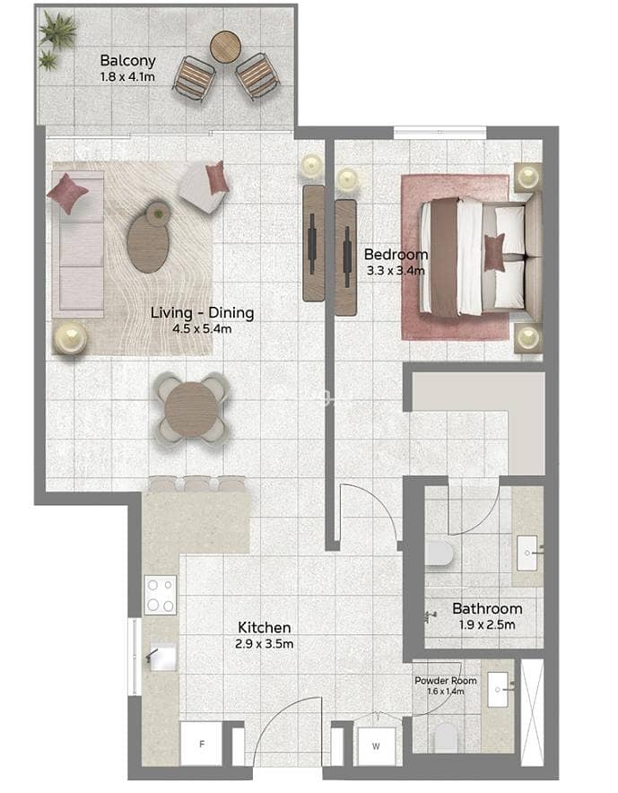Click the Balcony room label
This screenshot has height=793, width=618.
point(127,61)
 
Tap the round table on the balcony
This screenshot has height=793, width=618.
point(224,47)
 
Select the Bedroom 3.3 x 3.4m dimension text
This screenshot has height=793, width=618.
point(396,271)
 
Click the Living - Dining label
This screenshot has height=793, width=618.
point(203,312)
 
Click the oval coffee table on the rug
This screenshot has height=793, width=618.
point(148,244)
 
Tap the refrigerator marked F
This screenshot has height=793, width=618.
point(201,744)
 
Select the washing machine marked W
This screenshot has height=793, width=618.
point(376,746)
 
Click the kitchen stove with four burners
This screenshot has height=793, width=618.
point(161,595)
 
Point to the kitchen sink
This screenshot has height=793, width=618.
point(161,658)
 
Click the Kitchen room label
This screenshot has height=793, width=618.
point(265,628)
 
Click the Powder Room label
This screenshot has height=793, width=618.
point(446,681)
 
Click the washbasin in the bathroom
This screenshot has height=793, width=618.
point(527,553)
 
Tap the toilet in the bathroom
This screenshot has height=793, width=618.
point(439,553)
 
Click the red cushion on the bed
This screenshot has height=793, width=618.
point(494,252)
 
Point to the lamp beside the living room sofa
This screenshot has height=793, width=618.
point(70,338)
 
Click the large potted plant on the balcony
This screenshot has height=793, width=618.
point(58,30)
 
